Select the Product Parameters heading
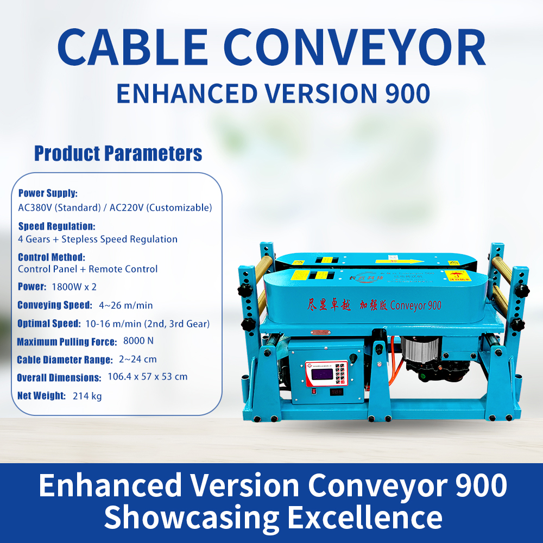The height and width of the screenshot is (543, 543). (118, 154)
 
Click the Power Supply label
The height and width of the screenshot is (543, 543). (48, 193)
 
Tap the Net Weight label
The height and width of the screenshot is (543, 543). (41, 396)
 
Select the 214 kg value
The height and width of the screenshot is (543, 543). (87, 396)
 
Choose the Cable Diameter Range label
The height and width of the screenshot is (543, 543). (65, 359)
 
